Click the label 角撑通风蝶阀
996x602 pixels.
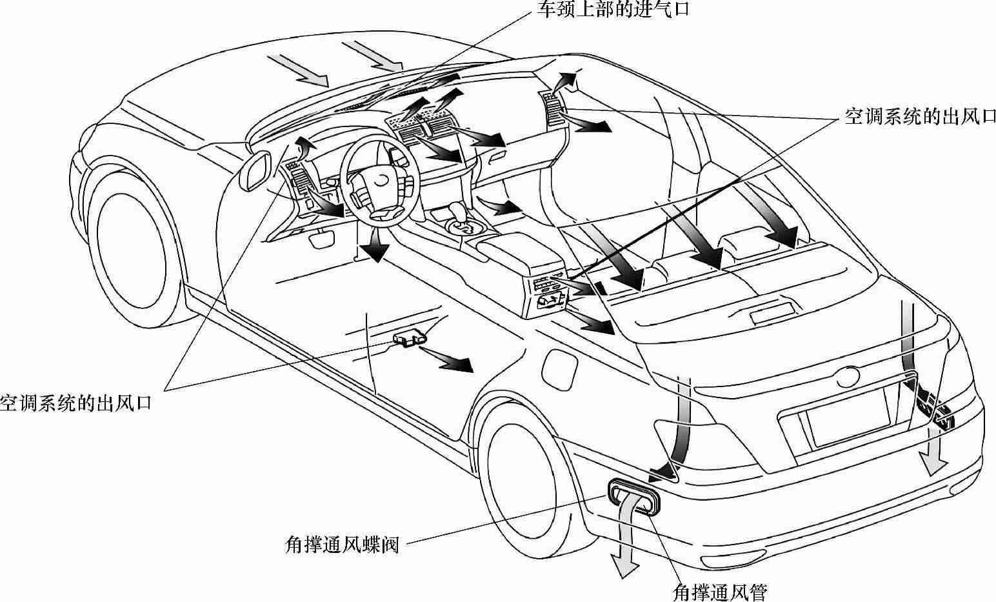[x=342, y=545]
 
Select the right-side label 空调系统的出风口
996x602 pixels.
[x=920, y=117]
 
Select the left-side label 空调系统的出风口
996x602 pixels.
[x=75, y=404]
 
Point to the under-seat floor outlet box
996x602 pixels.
[x=409, y=337]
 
